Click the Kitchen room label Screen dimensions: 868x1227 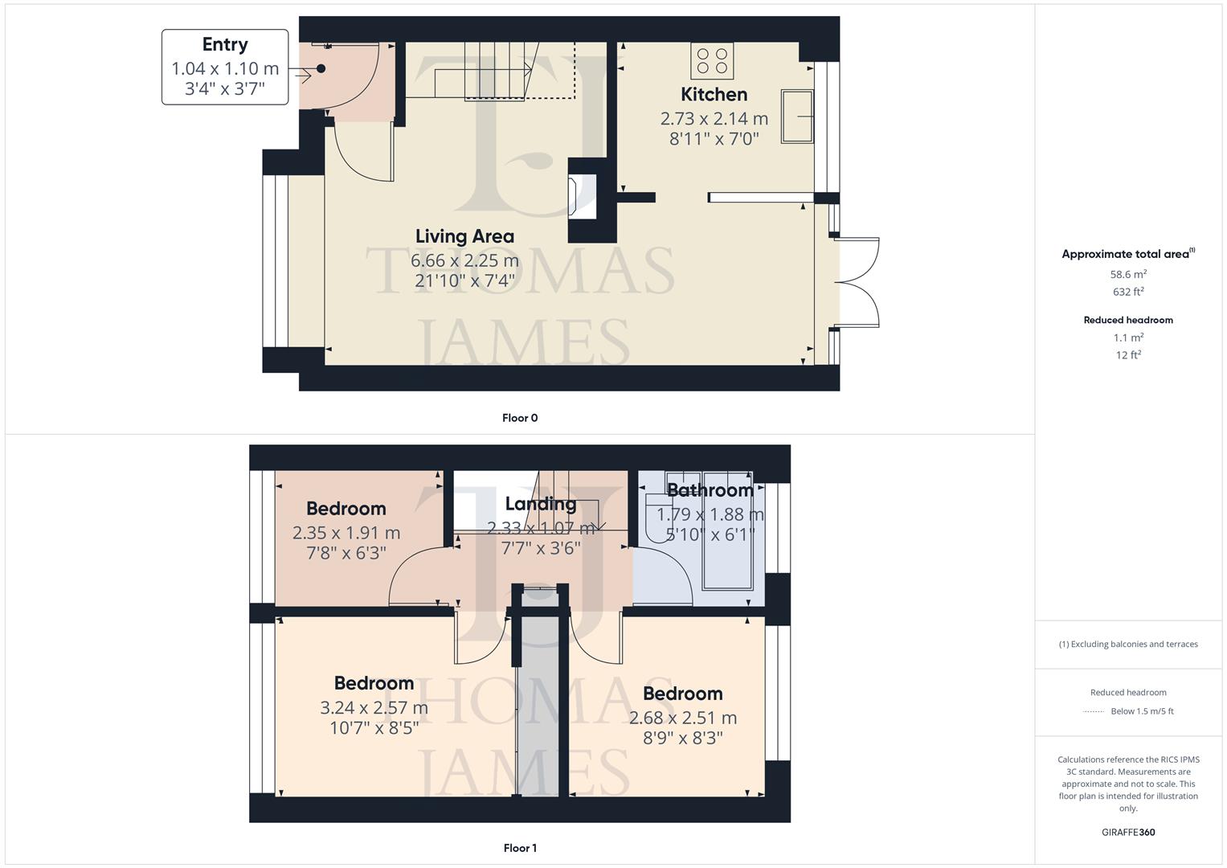click(714, 94)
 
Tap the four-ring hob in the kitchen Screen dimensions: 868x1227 click(712, 61)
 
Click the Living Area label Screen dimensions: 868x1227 click(464, 236)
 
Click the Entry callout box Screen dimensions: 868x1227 click(225, 67)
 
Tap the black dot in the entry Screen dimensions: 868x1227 click(321, 68)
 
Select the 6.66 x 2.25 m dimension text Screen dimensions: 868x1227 click(464, 260)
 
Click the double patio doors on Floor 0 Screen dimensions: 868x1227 click(857, 282)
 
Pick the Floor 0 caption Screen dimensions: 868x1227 click(520, 418)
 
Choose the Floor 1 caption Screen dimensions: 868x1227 click(520, 848)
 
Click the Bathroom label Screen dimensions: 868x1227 click(710, 490)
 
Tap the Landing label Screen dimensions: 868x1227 click(541, 504)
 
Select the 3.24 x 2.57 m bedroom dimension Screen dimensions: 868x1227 click(374, 708)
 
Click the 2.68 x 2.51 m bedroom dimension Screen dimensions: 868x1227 click(682, 718)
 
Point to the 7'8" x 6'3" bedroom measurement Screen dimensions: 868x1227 click(346, 553)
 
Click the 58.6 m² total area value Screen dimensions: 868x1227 click(1128, 274)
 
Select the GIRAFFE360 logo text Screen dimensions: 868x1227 click(1128, 832)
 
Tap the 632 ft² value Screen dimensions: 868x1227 click(1128, 292)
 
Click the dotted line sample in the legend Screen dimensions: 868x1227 click(1094, 711)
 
